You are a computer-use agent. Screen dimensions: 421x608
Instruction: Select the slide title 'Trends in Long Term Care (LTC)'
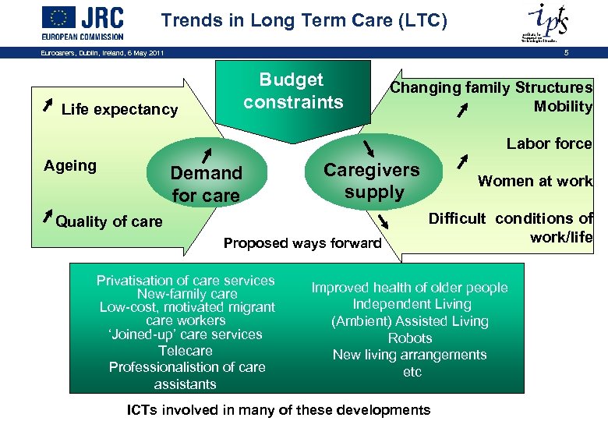pos(304,21)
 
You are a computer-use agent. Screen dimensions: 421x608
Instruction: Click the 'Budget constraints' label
pos(293,91)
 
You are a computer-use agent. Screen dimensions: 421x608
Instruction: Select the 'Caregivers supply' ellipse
pos(372,180)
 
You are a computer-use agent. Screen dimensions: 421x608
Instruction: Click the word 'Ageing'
pos(70,165)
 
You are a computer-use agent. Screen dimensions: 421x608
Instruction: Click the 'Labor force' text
pos(549,143)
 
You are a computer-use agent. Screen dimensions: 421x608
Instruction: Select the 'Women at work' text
pos(535,181)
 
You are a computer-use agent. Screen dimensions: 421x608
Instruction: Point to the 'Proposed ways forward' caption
pos(302,243)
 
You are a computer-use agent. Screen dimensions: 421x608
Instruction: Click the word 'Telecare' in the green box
pos(186,351)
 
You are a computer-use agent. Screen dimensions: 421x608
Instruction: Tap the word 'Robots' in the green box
pos(410,338)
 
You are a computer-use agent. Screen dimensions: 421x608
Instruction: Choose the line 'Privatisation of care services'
pos(186,281)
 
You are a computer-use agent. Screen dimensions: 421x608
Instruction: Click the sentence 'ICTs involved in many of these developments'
pos(278,410)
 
